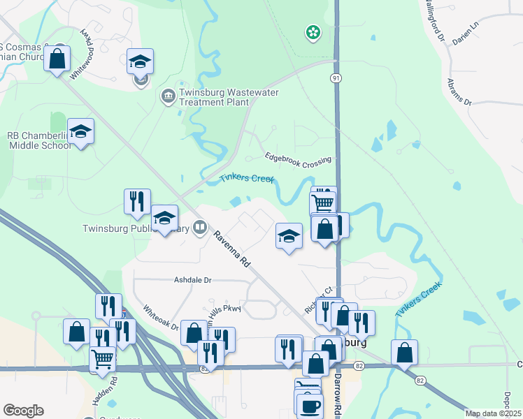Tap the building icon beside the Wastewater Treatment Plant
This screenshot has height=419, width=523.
tap(168, 95)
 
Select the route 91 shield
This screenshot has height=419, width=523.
tap(336, 79)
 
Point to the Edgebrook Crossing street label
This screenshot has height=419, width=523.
tap(298, 159)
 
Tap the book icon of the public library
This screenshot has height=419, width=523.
tap(200, 226)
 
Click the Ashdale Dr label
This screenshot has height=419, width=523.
tap(192, 280)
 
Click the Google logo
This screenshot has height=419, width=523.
tap(23, 410)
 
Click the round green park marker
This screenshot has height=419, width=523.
tap(313, 31)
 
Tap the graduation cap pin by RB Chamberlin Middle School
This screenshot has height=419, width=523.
tap(80, 131)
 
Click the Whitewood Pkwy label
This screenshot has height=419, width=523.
tap(87, 45)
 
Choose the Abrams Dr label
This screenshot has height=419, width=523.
tap(459, 91)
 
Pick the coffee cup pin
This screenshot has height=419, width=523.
tap(309, 406)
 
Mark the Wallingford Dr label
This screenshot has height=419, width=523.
tap(433, 20)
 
